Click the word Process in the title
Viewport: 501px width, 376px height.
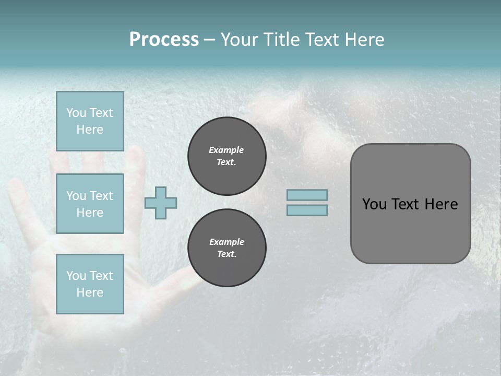tap(164, 40)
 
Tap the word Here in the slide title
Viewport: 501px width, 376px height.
tap(362, 40)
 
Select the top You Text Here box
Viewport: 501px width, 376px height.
tap(90, 121)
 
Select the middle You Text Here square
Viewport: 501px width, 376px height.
tap(90, 204)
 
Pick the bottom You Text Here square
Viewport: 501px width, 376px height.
tap(90, 284)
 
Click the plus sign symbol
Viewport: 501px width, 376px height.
tap(161, 203)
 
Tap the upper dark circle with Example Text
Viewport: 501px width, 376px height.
tap(226, 156)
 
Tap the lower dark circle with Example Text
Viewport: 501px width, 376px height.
tap(226, 248)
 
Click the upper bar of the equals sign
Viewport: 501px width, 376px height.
tap(307, 195)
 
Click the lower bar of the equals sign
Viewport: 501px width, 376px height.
tap(307, 210)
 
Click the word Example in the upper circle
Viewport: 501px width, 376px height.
tap(226, 150)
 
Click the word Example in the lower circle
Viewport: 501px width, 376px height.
tap(226, 242)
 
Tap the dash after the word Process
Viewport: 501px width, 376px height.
tap(209, 40)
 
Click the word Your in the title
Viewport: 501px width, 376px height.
tap(238, 40)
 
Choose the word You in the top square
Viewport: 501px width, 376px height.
tap(76, 113)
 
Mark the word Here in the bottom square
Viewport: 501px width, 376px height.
tap(90, 292)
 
